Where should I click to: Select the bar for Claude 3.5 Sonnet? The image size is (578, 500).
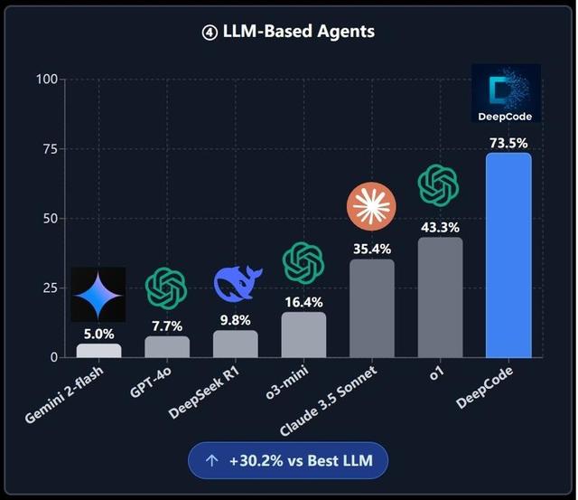[x=371, y=308]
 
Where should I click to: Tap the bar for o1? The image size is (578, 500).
[x=440, y=297]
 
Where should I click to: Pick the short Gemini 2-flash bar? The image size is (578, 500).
[x=98, y=351]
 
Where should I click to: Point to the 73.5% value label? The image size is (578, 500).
[x=508, y=142]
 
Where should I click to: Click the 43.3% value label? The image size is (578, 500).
[x=440, y=226]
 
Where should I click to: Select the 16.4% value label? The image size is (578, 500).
[x=303, y=301]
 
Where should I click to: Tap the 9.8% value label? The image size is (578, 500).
[x=235, y=319]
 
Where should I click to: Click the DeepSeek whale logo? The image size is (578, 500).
[x=237, y=284]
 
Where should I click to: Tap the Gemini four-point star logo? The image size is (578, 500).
[x=98, y=295]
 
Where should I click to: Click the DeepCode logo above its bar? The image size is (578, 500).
[x=506, y=93]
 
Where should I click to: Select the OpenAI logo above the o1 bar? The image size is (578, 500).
[x=438, y=185]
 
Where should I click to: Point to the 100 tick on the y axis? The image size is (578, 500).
[x=46, y=80]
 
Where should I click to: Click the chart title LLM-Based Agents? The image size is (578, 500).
[x=289, y=32]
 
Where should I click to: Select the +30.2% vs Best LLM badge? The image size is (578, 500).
[x=287, y=461]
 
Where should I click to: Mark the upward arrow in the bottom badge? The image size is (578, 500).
[x=212, y=461]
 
